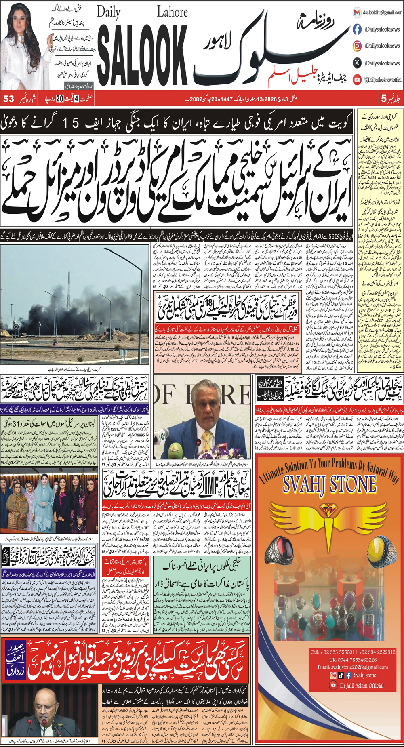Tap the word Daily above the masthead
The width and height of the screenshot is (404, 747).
pyautogui.click(x=109, y=13)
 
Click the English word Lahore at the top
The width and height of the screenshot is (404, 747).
pyautogui.click(x=172, y=12)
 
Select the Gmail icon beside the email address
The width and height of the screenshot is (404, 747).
pyautogui.click(x=357, y=13)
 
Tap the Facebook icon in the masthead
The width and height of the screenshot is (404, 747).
pyautogui.click(x=357, y=29)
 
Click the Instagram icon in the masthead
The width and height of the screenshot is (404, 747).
pyautogui.click(x=357, y=46)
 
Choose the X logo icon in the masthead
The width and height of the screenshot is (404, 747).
pyautogui.click(x=357, y=63)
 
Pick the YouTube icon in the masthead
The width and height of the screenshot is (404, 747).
pyautogui.click(x=357, y=80)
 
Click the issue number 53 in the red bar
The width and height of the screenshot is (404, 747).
pyautogui.click(x=9, y=99)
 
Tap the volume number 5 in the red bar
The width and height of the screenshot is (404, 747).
pyautogui.click(x=383, y=99)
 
